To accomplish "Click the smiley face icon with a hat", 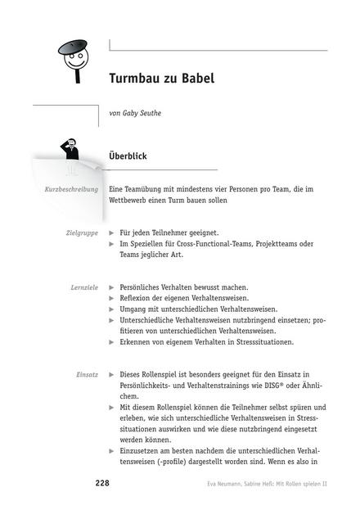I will [x=76, y=57].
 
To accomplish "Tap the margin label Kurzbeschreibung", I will [x=71, y=189].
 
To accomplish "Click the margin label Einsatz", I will [x=88, y=374].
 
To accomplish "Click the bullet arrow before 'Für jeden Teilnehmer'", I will [x=112, y=233].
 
